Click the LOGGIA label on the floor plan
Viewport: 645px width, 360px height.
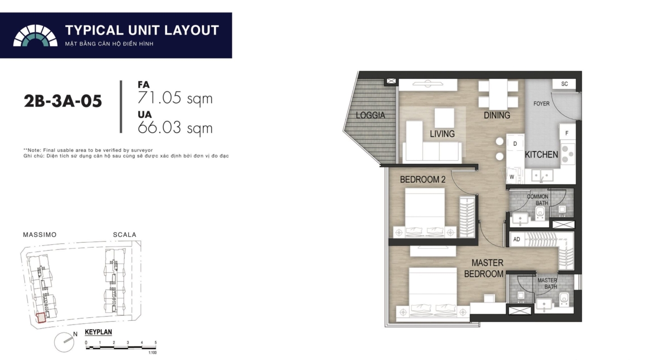click(x=370, y=116)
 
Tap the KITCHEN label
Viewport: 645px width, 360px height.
click(x=541, y=155)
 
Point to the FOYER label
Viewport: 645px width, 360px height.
click(x=541, y=104)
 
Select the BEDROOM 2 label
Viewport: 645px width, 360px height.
click(x=423, y=180)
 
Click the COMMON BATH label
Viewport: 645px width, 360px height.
click(x=538, y=200)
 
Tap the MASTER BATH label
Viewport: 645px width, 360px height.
click(x=547, y=283)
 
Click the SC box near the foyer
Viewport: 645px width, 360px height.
click(x=564, y=84)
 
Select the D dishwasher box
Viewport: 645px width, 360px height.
click(x=515, y=144)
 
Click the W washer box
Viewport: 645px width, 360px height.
click(x=512, y=177)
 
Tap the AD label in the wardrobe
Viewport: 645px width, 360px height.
click(x=516, y=239)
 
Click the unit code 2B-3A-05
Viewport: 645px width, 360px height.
click(x=63, y=101)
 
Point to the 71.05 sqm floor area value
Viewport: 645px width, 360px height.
click(x=175, y=98)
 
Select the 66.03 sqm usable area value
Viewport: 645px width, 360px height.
click(x=175, y=128)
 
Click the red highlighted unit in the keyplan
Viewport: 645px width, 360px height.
click(x=41, y=318)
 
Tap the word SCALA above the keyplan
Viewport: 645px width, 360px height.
click(x=125, y=235)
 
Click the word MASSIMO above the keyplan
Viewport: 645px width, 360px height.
click(x=40, y=235)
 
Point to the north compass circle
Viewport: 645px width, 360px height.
click(x=64, y=342)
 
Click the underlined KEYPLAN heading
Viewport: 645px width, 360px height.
click(x=98, y=332)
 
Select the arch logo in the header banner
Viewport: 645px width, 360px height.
click(x=35, y=35)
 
